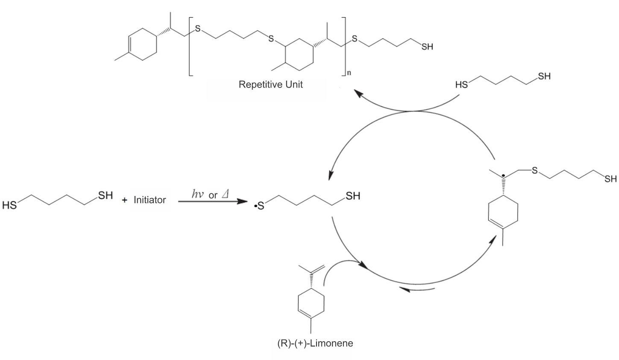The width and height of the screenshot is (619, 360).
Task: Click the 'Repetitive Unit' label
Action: tap(270, 84)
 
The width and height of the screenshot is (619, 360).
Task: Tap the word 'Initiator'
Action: tap(150, 199)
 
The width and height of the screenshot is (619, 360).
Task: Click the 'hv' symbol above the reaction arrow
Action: tap(198, 194)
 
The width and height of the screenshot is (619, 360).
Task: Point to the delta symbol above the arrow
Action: tap(226, 194)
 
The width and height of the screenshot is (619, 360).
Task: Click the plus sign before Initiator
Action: tap(125, 199)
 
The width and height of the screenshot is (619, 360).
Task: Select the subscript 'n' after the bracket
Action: tap(349, 73)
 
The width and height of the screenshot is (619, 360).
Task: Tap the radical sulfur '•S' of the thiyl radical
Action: tap(259, 206)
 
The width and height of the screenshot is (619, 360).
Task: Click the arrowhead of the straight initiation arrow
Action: tap(243, 200)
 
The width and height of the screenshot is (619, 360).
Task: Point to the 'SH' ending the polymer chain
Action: tap(427, 47)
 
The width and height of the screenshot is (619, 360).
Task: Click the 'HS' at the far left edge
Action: tap(9, 205)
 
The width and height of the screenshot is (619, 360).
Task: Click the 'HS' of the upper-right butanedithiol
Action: tap(461, 85)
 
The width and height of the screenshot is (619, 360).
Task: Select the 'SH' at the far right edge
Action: tap(610, 179)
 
